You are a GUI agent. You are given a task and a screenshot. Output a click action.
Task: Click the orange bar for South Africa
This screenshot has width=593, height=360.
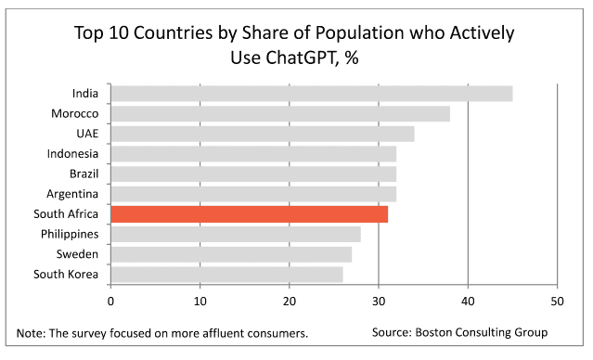coord(250,214)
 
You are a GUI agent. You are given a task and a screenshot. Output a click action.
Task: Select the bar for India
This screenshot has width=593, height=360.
coord(312,94)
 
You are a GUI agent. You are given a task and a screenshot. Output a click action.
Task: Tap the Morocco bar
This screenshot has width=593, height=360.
coord(280,114)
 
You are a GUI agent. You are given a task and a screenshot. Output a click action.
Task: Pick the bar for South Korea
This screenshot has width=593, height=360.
coord(227,275)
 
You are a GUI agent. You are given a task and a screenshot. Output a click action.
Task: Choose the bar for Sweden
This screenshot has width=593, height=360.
coord(231,254)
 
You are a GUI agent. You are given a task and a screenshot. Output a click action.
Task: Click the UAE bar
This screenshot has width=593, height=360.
coord(263,134)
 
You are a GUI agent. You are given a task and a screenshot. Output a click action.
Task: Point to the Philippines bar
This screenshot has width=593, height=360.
coord(236,235)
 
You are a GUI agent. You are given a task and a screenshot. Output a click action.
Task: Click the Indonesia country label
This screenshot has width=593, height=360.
coord(72,154)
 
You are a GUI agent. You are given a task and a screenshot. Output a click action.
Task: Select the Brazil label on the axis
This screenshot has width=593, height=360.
coord(84,174)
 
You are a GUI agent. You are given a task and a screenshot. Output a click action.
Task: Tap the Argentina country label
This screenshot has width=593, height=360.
coord(72,194)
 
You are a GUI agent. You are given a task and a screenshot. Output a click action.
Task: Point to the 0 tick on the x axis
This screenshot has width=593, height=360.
coord(110,302)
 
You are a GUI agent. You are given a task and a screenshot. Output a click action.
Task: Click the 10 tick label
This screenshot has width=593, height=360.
coord(200,302)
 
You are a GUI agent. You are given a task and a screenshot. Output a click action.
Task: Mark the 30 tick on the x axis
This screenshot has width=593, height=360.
coord(379,302)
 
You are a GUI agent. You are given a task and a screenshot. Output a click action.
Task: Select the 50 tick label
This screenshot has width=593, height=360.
coord(557,302)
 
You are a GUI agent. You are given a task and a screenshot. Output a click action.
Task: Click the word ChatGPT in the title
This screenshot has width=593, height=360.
coord(302,58)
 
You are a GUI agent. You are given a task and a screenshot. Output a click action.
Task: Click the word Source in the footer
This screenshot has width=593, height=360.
coord(392,332)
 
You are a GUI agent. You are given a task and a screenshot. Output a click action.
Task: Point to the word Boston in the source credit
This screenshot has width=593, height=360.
coord(433,332)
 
